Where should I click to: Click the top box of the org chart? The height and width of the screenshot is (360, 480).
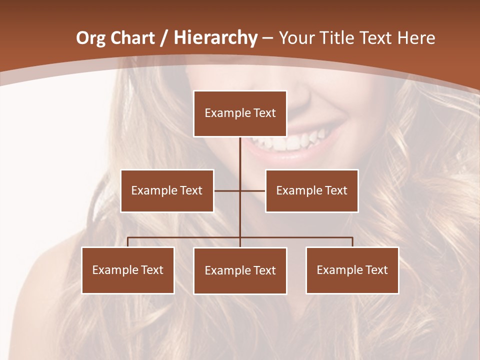(240, 113)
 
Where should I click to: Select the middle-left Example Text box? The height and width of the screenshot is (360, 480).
(167, 190)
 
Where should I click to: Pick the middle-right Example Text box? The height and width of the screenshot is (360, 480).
(311, 190)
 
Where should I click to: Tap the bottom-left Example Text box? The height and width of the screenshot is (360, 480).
(128, 270)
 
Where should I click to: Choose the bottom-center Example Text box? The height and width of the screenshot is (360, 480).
(240, 270)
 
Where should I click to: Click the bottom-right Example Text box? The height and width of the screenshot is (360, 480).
(352, 270)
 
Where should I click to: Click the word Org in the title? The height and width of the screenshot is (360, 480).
(90, 38)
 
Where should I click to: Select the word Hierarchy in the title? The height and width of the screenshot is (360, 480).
(215, 38)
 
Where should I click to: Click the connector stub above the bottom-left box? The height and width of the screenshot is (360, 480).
(128, 242)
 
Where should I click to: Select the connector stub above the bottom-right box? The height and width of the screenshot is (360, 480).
(352, 242)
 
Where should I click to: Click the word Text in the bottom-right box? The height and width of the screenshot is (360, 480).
(376, 270)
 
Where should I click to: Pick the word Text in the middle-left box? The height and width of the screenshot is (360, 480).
(190, 190)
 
